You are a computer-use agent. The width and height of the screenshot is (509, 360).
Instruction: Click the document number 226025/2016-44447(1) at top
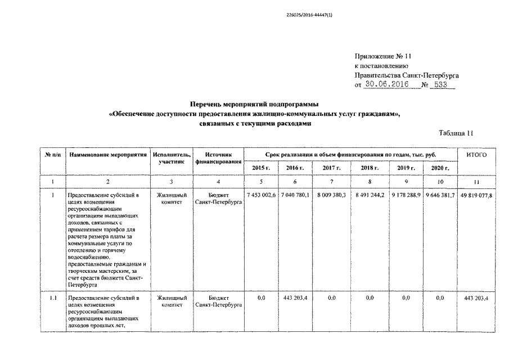310,15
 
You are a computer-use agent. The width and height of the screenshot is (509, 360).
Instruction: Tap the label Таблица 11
456,133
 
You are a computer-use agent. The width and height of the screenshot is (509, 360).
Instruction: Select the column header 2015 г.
261,168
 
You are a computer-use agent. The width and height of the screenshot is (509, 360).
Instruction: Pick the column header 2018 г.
369,168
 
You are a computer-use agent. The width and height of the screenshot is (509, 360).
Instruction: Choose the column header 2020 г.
440,168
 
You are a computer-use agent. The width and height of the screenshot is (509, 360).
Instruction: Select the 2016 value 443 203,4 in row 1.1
295,297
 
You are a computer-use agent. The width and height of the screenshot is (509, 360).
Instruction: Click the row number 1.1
52,297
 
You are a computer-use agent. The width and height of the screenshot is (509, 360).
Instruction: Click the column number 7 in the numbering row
331,181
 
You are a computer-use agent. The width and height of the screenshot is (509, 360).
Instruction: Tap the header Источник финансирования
218,158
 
